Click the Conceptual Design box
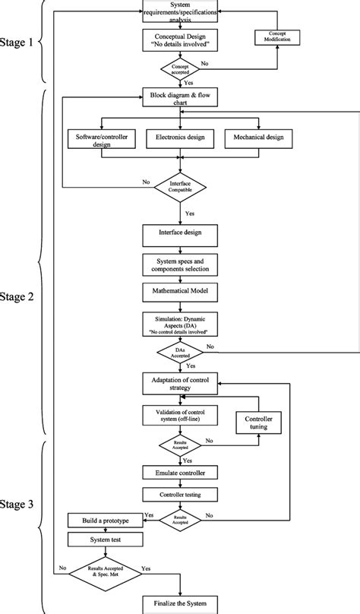179,40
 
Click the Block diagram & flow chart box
179,98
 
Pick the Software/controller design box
101,140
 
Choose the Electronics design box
179,139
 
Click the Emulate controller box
179,472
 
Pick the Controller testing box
179,494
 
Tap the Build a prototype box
106,521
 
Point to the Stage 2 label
17,297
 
